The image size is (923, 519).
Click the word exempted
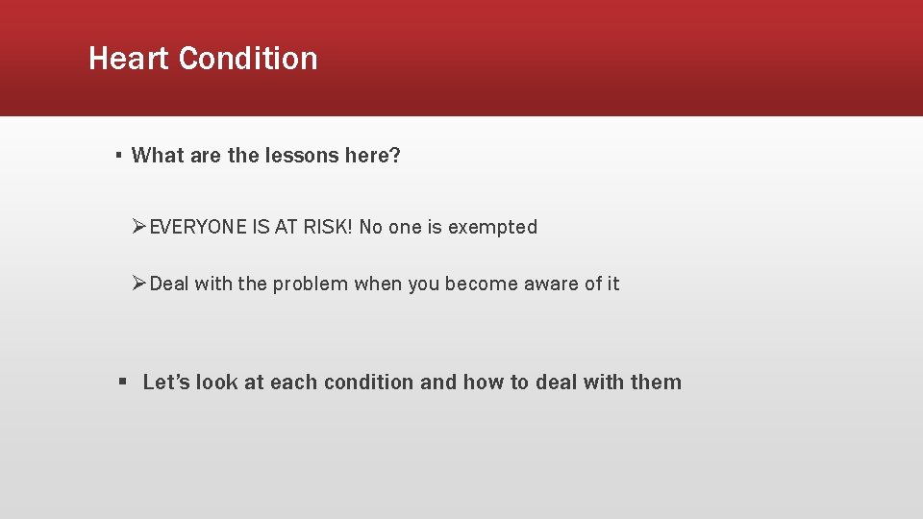coord(492,228)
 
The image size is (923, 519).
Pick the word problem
coord(311,284)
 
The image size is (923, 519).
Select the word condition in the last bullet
coord(369,383)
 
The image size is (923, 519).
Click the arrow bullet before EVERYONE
coord(140,228)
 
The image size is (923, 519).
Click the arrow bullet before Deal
coord(140,284)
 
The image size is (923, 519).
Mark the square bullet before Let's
coord(122,383)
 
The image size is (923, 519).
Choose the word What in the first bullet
coord(158,156)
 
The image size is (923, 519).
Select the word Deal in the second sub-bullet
coord(170,284)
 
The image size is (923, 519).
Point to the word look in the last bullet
coord(217,383)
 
